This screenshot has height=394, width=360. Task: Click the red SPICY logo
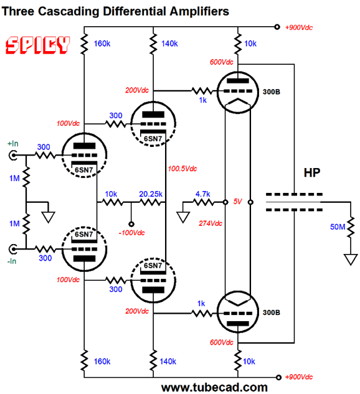tap(38, 45)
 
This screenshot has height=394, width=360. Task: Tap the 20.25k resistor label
tap(151, 194)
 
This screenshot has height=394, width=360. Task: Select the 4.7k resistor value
tap(202, 194)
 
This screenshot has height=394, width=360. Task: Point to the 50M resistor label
tap(338, 227)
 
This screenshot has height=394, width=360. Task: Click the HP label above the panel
tap(312, 173)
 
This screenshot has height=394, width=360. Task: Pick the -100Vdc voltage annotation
tap(131, 233)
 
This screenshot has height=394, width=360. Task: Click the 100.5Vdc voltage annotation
tap(182, 169)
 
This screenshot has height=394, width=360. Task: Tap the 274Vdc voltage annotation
tap(211, 223)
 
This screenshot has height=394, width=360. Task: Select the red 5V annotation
tap(237, 202)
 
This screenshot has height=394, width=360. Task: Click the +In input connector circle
tap(13, 156)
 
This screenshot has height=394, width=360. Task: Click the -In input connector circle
tap(13, 249)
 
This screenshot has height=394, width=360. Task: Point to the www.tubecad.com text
tap(214, 388)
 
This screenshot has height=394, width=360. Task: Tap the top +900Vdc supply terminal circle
tap(277, 27)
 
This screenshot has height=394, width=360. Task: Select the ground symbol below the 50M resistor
tap(351, 260)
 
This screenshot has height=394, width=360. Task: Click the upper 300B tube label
tap(272, 92)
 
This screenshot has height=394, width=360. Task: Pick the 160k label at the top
tap(102, 44)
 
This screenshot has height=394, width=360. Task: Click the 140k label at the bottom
tap(168, 362)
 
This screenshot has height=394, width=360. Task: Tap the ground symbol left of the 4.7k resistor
tap(182, 217)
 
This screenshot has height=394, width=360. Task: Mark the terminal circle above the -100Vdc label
tap(131, 224)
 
